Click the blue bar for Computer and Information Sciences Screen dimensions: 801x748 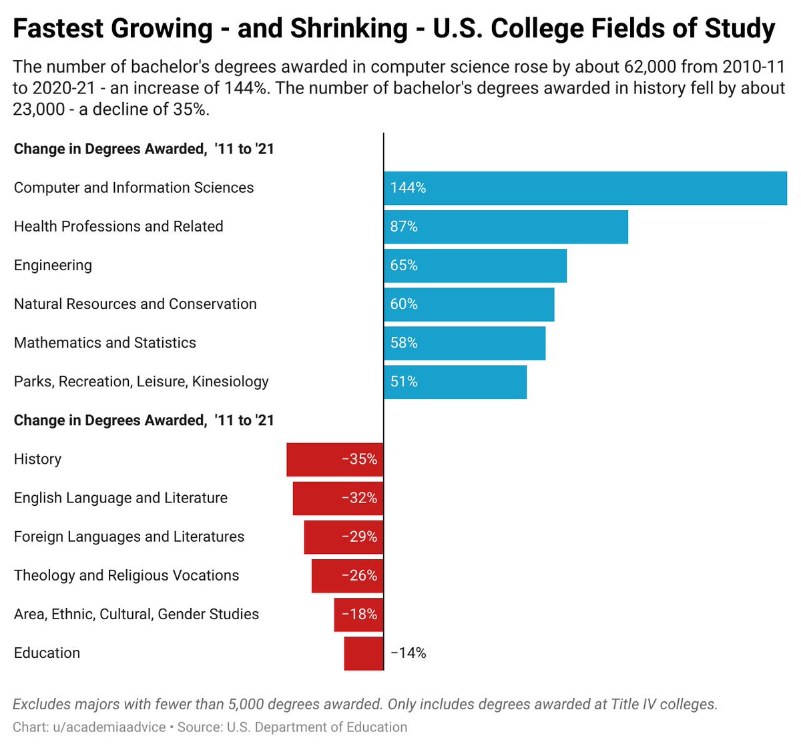coord(585,188)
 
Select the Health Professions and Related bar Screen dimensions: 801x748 coord(506,227)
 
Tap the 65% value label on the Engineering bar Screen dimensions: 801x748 coord(404,266)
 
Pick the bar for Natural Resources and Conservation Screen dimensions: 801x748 coord(469,304)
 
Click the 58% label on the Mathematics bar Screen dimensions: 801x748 coord(404,343)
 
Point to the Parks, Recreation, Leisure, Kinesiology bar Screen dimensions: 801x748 coord(455,382)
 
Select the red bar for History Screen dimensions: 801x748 coord(335,459)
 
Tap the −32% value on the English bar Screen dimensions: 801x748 coord(359,498)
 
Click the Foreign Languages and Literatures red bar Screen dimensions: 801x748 coord(344,536)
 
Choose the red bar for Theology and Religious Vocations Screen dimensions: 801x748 coord(348,575)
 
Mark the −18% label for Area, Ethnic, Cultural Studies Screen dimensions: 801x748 coord(359,614)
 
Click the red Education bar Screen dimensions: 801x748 coord(364,653)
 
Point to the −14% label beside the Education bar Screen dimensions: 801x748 coord(409,653)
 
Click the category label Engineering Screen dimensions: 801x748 coord(53,266)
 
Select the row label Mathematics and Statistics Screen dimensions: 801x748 coord(105,343)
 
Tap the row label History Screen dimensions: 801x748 coord(37,459)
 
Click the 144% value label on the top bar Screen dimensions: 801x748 coord(408,188)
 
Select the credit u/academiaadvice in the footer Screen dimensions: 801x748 coord(109,727)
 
